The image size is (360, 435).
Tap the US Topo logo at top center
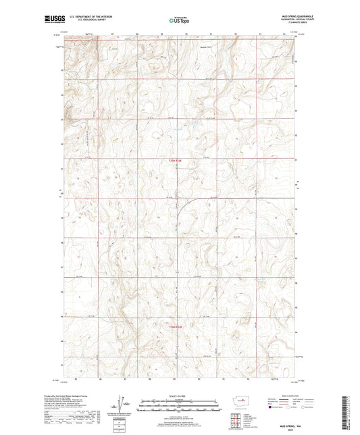178,21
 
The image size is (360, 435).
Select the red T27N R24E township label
175,160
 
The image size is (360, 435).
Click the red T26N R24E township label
175,329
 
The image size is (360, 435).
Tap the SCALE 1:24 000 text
179,396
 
